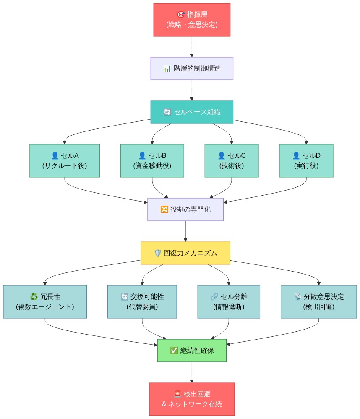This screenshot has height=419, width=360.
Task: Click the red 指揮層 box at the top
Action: tap(192, 19)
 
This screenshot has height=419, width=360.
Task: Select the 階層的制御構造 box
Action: tap(192, 68)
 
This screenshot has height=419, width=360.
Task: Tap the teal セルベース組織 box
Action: tap(192, 112)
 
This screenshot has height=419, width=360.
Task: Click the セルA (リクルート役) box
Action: tap(65, 161)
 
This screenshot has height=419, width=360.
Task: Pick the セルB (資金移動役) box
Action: tap(152, 161)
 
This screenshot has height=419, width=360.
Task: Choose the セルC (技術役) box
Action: tap(232, 161)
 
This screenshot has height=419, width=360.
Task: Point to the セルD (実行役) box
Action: tap(306, 161)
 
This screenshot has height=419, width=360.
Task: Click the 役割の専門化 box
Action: tap(185, 209)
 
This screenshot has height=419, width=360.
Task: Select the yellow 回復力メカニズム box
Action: tap(185, 253)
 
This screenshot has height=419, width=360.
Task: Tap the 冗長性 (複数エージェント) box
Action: tap(45, 301)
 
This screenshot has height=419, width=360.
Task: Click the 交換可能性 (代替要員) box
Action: tap(142, 301)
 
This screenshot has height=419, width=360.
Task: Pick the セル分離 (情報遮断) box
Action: tap(229, 301)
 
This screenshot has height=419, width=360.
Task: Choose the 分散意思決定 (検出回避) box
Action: tap(319, 301)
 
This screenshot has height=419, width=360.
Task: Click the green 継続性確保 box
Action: tap(192, 350)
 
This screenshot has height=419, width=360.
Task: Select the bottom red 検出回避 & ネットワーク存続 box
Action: tap(192, 399)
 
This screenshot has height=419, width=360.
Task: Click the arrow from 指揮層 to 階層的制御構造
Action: tap(192, 46)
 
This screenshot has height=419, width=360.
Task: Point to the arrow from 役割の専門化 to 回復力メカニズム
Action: tap(185, 231)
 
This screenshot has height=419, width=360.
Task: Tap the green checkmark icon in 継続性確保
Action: tap(174, 350)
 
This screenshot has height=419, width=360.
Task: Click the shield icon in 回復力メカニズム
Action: tap(158, 253)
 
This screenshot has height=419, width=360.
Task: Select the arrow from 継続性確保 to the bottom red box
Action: tap(192, 372)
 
